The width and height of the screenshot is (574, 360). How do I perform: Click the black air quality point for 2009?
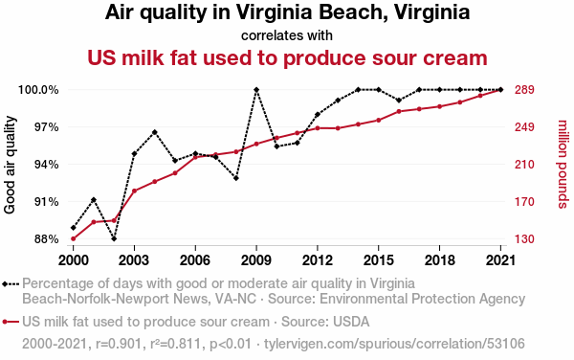(256, 90)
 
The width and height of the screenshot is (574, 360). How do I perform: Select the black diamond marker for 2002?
(114, 238)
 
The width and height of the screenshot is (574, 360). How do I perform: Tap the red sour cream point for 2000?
(74, 238)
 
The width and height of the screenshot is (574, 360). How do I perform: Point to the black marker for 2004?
(154, 132)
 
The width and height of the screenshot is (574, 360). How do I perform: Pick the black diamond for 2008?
(236, 178)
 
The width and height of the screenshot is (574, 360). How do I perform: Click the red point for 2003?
(134, 191)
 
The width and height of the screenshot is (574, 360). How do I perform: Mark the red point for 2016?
(399, 111)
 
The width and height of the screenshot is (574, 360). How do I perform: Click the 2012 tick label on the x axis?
(318, 260)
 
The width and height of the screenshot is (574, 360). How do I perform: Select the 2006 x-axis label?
(195, 260)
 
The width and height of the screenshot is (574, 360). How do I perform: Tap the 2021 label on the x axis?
(500, 260)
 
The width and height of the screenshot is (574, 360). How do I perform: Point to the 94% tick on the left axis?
(47, 165)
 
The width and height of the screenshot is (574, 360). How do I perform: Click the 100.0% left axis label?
(38, 90)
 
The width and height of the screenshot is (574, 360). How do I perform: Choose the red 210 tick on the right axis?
(524, 165)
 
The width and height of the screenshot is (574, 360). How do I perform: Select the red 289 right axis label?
(524, 90)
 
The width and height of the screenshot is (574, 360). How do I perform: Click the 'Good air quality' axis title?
(10, 165)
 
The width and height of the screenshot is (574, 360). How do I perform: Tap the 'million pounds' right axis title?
(563, 164)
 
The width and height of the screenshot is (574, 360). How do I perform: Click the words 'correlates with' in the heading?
(287, 35)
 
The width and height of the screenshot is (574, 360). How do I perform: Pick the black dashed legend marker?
(11, 283)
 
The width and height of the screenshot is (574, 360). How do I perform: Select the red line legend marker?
(11, 322)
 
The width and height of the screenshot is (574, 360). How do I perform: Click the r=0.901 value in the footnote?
(119, 344)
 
